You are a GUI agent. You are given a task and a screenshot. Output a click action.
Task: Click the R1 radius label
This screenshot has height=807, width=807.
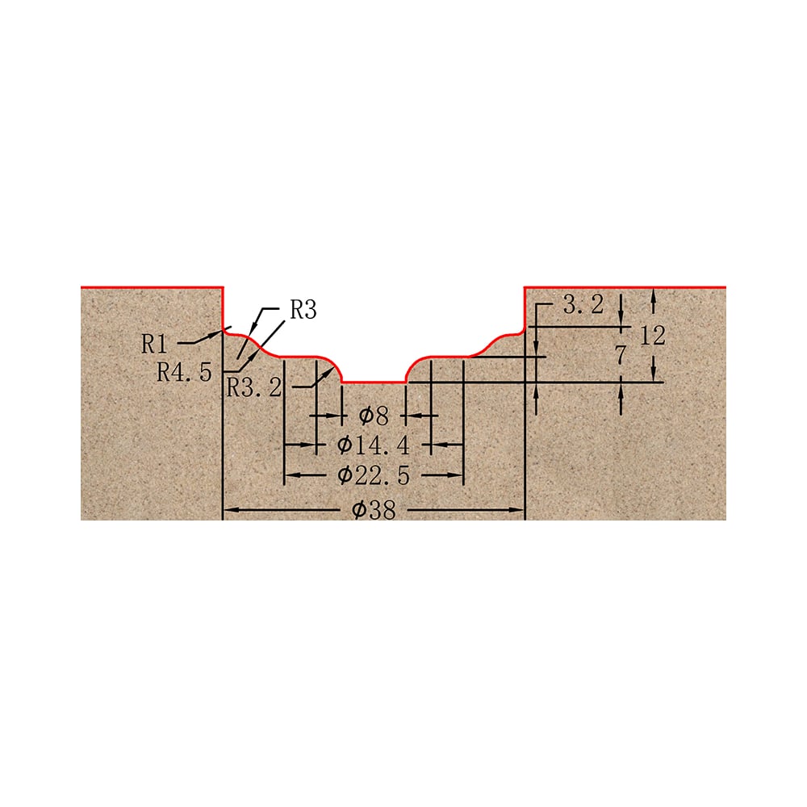[x=154, y=344]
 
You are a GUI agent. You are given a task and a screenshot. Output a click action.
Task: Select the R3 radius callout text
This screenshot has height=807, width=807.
[x=303, y=310]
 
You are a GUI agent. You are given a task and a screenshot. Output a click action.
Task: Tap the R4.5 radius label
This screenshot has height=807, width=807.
[x=184, y=371]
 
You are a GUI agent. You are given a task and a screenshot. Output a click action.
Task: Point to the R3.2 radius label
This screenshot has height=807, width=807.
[x=254, y=387]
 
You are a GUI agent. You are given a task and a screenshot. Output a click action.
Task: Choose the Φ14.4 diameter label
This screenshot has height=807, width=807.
[x=374, y=445]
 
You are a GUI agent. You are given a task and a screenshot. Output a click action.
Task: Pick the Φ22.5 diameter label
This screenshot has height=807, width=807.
[x=374, y=475]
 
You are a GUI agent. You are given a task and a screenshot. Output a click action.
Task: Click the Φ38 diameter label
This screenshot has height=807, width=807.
[x=374, y=509]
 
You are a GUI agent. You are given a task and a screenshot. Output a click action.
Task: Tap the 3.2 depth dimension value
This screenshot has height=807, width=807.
[x=583, y=305]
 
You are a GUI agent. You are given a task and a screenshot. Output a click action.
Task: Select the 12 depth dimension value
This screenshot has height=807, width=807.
[x=653, y=336]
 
